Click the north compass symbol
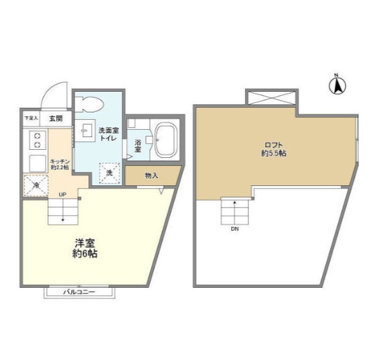click(338, 84)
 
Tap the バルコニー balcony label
click(81, 292)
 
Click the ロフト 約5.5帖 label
click(274, 149)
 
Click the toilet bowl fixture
click(88, 104)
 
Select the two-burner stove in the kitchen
click(37, 141)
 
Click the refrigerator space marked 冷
click(32, 185)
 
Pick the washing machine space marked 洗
click(110, 173)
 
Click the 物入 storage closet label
click(151, 175)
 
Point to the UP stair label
click(62, 195)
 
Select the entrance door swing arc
click(57, 94)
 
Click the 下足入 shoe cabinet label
click(31, 118)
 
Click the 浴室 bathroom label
click(137, 145)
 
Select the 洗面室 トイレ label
click(108, 133)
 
